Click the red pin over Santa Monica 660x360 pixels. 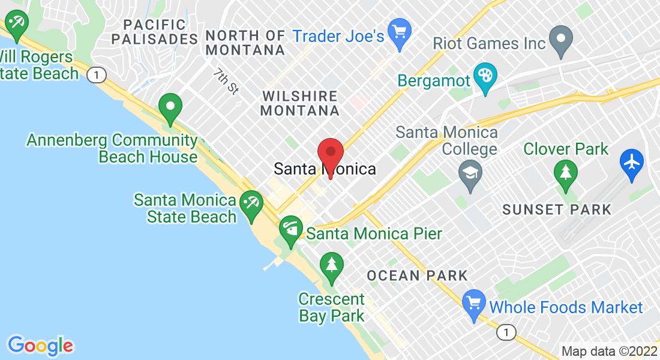point(330,154)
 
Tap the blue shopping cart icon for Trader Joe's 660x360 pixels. point(399,30)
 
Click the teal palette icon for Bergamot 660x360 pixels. point(482,76)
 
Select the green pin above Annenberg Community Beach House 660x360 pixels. point(170,107)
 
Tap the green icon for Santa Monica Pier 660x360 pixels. point(291,229)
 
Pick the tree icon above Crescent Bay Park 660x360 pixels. point(331,264)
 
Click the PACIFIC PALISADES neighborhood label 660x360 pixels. point(154,32)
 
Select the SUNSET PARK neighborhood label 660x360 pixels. point(557,210)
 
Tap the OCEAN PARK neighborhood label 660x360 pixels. point(417,276)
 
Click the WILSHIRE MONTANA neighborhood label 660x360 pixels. point(301,103)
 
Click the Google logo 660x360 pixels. point(40,346)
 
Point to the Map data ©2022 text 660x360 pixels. point(608,352)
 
